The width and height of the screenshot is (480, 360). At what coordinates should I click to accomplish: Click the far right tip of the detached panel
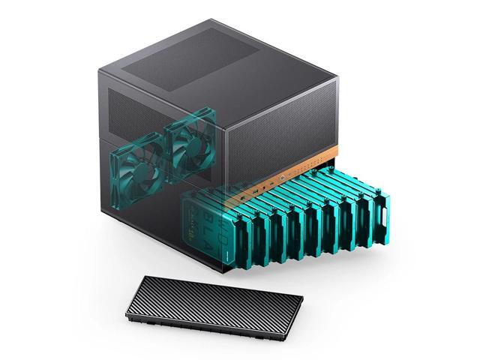pos(303,300)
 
